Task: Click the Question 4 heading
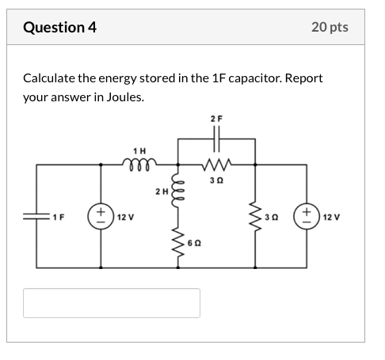click(x=59, y=28)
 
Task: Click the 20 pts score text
click(x=330, y=28)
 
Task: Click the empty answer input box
click(x=112, y=303)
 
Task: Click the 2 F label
click(x=217, y=119)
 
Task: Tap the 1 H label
click(x=140, y=150)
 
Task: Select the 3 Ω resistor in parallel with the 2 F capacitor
click(x=217, y=165)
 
